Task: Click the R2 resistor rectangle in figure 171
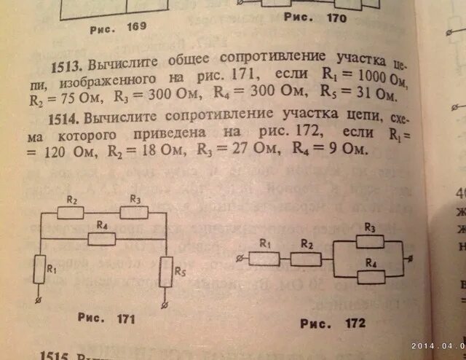tap(72, 213)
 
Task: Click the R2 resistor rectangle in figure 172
tap(307, 259)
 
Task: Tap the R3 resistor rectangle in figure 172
tap(372, 241)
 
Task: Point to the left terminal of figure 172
tap(241, 259)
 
